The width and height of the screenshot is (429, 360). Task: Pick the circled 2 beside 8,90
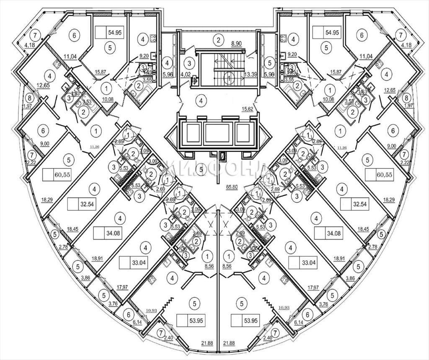pos(217,41)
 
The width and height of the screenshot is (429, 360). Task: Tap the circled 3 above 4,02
pos(190,64)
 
